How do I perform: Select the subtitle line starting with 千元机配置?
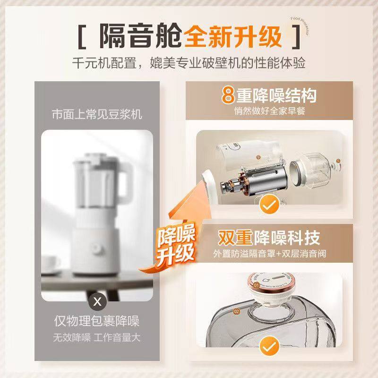tap(189, 63)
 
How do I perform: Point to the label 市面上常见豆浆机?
tap(97, 114)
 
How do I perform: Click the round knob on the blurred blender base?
tap(96, 248)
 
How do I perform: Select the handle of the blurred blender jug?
tap(124, 184)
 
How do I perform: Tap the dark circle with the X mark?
tap(97, 301)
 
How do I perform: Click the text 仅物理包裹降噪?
tap(97, 322)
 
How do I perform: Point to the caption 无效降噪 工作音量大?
tap(97, 338)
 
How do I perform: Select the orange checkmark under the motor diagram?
tap(270, 205)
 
